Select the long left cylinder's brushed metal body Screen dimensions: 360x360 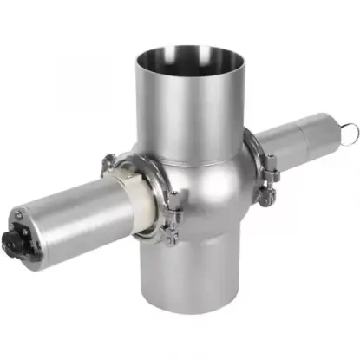coord(69,213)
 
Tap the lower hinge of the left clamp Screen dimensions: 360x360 coord(170,230)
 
